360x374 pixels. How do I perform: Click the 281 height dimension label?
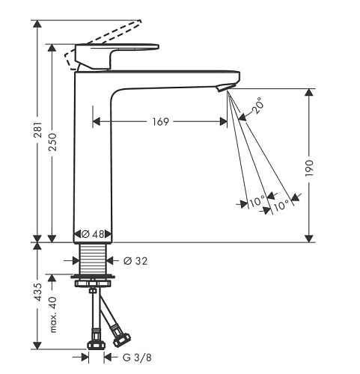point(37,130)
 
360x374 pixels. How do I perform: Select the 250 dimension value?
point(52,142)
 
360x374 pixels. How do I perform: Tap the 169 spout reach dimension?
point(161,122)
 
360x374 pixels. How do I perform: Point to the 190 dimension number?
point(309,168)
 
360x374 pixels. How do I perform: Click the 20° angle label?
point(257,105)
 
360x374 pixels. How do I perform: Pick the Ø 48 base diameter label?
point(93,234)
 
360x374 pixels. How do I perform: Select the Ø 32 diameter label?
point(135,261)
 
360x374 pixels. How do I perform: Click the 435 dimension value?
point(37,292)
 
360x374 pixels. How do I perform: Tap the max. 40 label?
point(53,315)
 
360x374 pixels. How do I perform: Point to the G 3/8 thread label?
point(137,358)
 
